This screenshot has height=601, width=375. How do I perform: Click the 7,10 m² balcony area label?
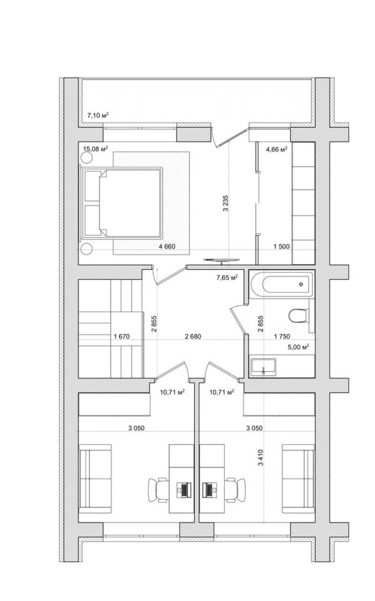tap(98, 115)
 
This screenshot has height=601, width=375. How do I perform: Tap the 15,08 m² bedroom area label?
tap(96, 148)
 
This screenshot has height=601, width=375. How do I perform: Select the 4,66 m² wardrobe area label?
tap(277, 149)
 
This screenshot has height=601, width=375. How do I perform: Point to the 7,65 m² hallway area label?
tap(227, 277)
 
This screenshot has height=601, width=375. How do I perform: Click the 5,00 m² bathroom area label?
tap(298, 347)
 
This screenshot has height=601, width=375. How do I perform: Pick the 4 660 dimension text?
tap(167, 246)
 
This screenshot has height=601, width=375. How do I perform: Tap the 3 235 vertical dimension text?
tap(226, 203)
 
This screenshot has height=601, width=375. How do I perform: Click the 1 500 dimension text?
tap(282, 246)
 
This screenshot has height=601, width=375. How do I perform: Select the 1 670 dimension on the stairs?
tap(122, 336)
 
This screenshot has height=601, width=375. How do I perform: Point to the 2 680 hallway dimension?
tap(193, 336)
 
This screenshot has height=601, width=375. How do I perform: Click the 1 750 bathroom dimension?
tap(282, 336)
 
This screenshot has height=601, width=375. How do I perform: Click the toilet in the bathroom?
tap(298, 316)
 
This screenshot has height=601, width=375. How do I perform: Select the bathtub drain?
tap(301, 284)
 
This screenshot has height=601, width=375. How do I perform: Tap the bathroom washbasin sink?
tap(263, 367)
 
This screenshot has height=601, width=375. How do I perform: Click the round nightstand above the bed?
tap(86, 157)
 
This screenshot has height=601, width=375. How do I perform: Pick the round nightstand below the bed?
tap(86, 249)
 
